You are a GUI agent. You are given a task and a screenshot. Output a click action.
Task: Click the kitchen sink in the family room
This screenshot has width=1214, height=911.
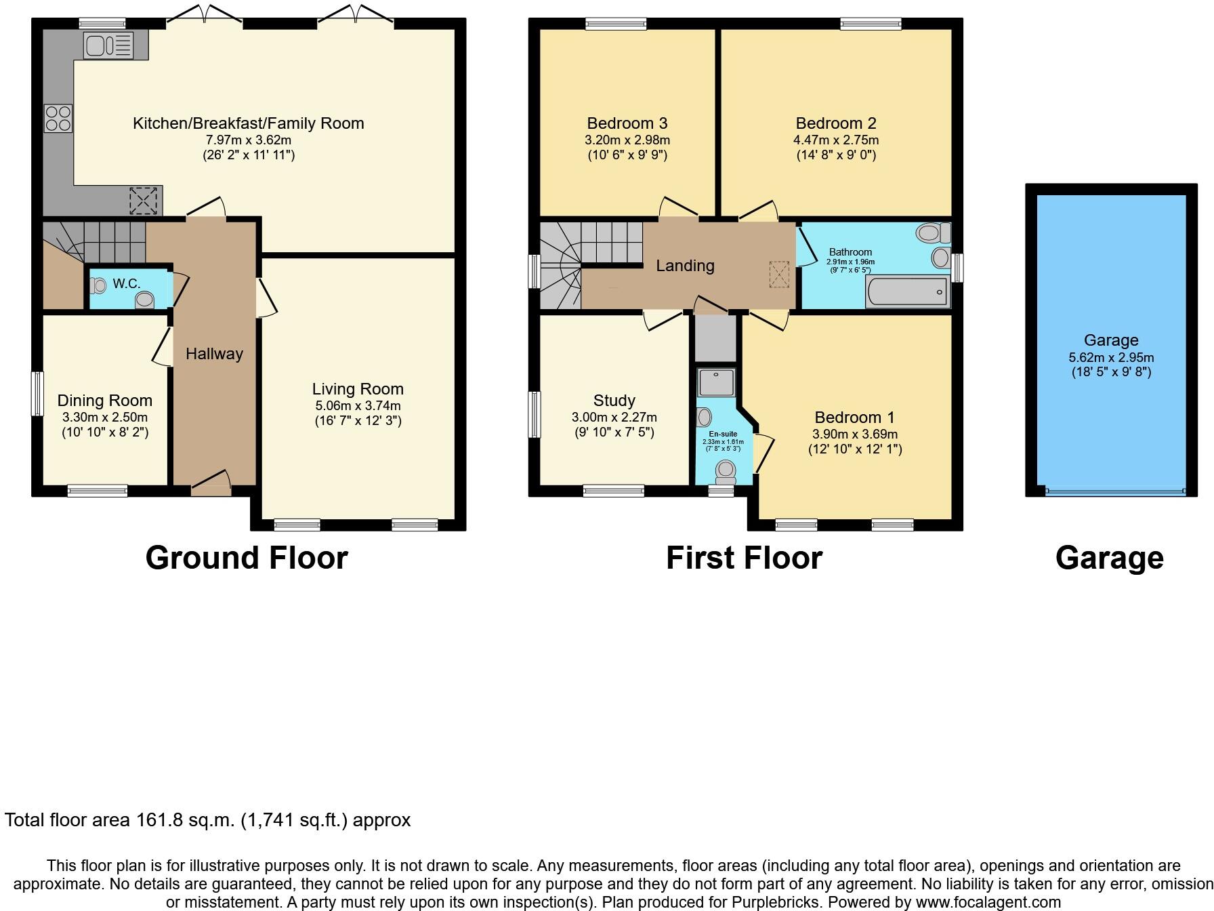coord(108,45)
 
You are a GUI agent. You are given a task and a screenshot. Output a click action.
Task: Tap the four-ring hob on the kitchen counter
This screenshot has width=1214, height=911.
coord(58,119)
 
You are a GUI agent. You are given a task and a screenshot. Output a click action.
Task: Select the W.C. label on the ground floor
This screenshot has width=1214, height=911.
coord(127,283)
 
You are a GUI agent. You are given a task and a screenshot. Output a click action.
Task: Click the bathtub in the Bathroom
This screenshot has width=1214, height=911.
coord(906,292)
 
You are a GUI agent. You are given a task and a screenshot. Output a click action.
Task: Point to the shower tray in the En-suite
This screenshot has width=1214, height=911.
coord(715,383)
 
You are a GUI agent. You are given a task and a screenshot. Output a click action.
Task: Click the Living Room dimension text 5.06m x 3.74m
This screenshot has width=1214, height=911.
coord(358,406)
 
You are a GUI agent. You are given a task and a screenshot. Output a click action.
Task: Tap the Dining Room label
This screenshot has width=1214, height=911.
coord(105,401)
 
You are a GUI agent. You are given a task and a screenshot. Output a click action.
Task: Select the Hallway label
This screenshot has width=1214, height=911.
coord(214,353)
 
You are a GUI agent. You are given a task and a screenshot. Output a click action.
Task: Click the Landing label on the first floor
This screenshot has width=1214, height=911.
coord(685,266)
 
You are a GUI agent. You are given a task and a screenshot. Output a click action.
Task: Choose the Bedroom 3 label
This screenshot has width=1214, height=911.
coord(627,123)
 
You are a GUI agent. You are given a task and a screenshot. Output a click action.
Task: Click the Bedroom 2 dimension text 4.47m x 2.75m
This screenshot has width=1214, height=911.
coord(836,140)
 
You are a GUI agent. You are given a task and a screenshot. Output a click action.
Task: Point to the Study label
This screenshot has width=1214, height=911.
coord(614,401)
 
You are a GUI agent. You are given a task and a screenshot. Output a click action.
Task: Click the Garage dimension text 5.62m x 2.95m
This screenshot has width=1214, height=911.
coord(1111,357)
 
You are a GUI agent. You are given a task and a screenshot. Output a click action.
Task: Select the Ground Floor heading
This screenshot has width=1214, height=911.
coord(247,558)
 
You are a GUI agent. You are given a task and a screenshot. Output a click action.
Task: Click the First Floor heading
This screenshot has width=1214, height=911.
coord(744,558)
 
